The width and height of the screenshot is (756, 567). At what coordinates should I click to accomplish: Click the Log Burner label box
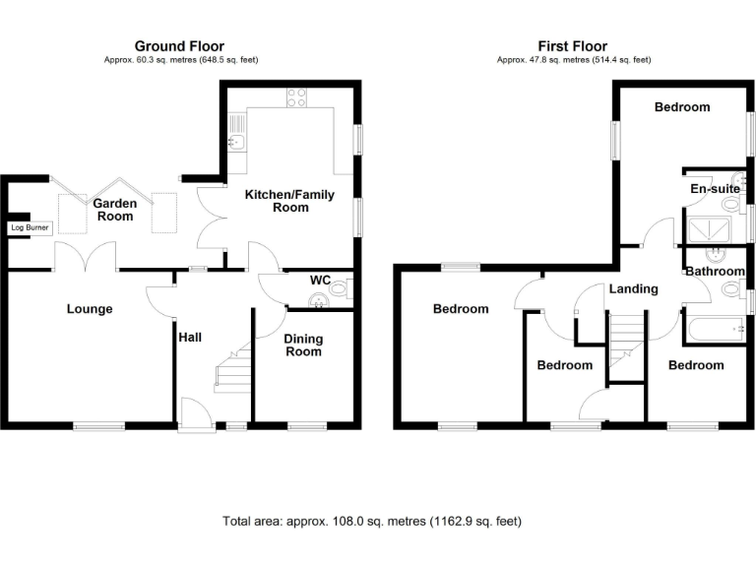[x=29, y=227]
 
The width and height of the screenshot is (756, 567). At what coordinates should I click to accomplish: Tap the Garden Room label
[x=114, y=210]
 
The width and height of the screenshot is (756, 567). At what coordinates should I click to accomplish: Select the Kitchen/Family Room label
[x=278, y=202]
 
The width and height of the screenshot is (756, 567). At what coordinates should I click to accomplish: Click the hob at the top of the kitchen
[x=296, y=96]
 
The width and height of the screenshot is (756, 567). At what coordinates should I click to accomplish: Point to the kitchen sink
[x=236, y=141]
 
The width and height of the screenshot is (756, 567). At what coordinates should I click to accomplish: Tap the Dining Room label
[x=303, y=345]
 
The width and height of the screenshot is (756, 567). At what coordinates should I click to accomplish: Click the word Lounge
[x=90, y=309]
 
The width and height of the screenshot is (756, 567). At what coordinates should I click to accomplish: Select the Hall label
[x=190, y=337]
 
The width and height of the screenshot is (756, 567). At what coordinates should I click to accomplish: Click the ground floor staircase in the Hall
[x=232, y=375]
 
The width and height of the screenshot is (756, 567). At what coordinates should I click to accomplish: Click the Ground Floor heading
[x=179, y=46]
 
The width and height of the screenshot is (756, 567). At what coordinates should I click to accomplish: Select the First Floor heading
[x=572, y=46]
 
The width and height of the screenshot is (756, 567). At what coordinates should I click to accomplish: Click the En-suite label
[x=708, y=188]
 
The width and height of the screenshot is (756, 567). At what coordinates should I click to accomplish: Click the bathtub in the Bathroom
[x=715, y=329]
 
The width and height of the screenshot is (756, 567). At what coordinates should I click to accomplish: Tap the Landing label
[x=633, y=289]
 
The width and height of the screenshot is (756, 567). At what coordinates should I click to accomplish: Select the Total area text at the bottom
[x=372, y=521]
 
